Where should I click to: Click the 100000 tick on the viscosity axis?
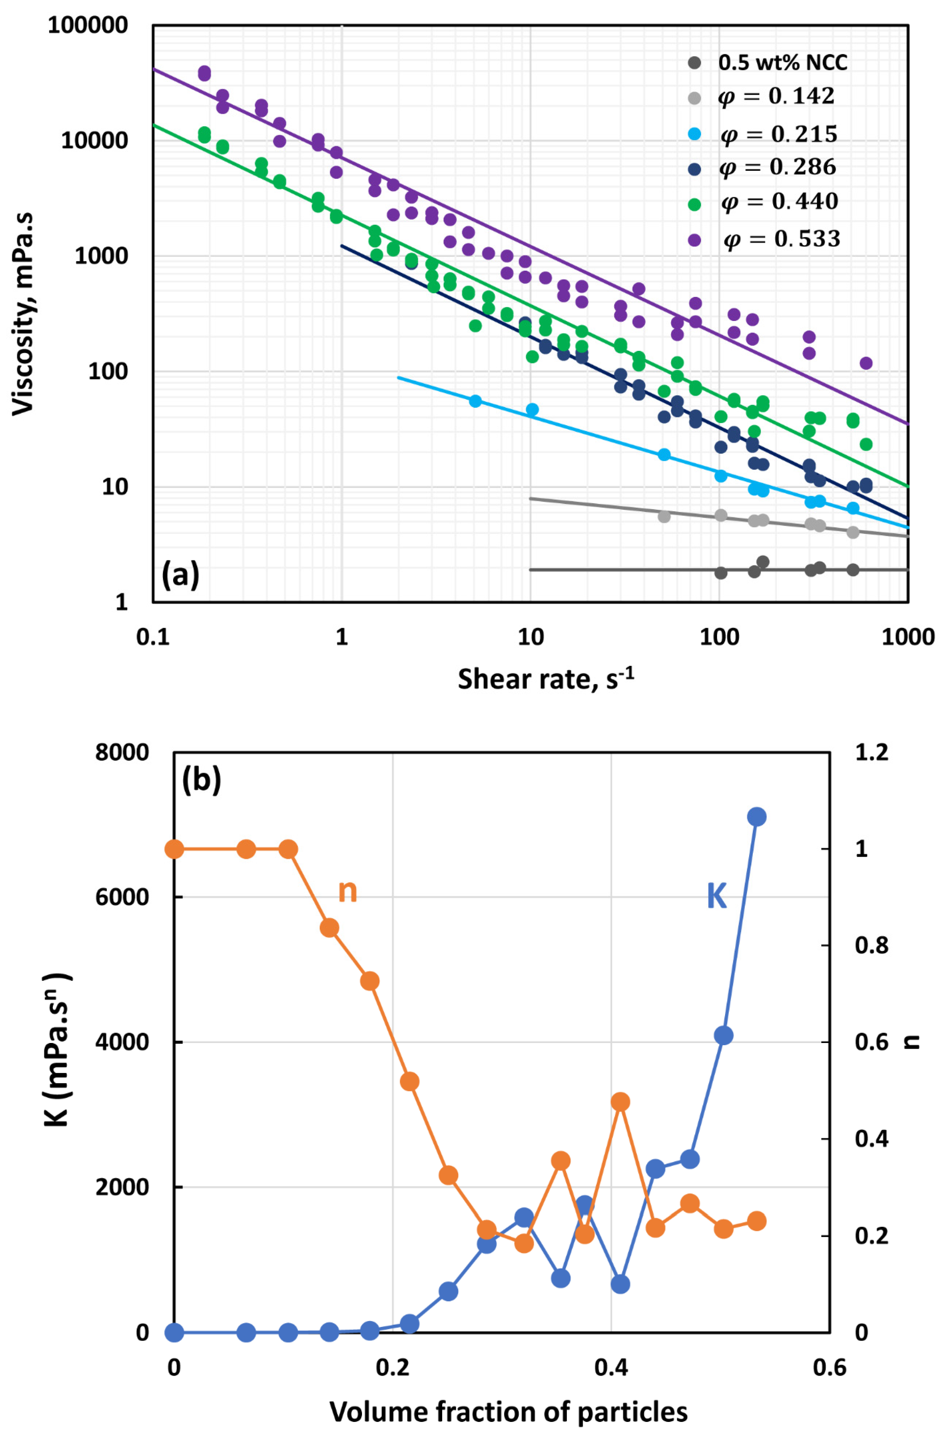88,26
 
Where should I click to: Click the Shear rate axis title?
546,680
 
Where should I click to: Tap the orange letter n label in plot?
347,891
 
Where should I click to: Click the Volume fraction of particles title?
508,1412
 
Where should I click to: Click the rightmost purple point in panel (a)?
866,363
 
